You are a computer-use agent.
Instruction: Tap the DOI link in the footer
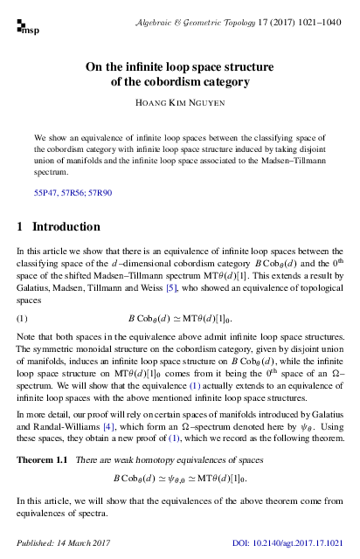coord(293,545)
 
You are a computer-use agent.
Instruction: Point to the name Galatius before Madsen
coord(36,287)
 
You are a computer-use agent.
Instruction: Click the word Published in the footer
coord(34,545)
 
